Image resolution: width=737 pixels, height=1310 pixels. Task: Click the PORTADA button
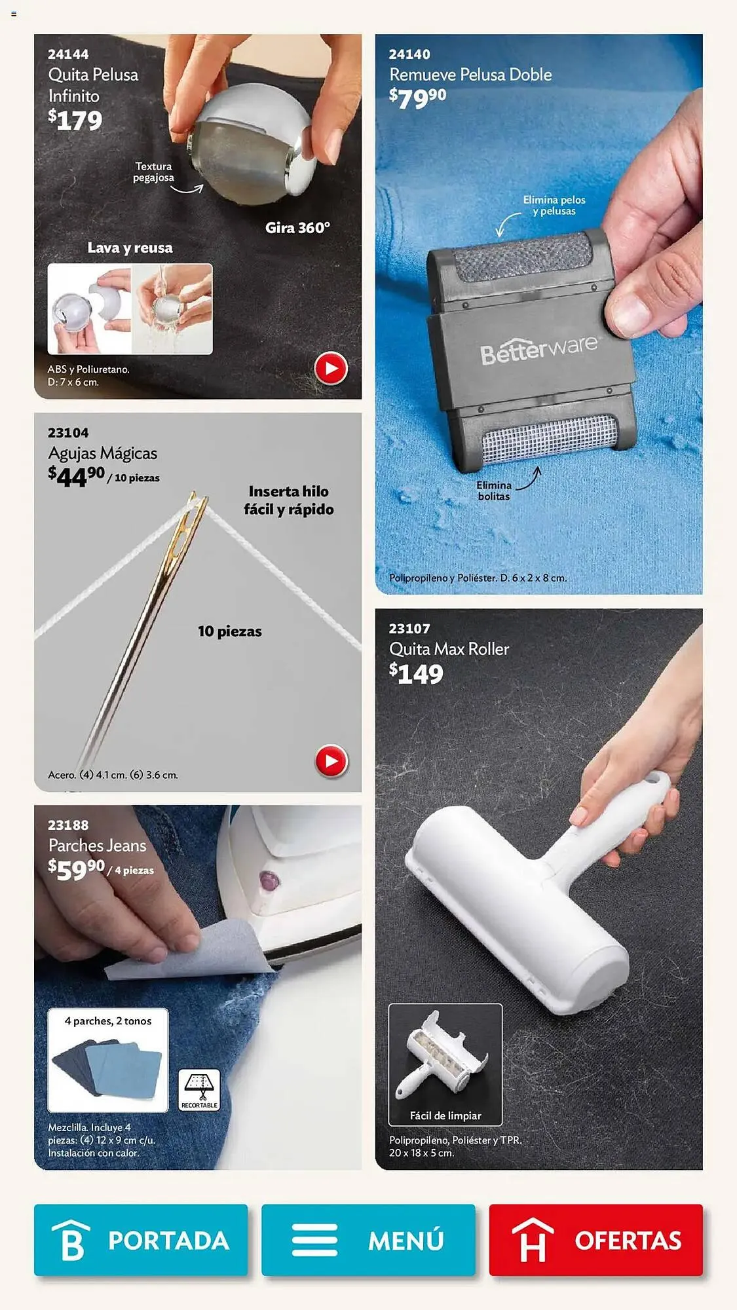[141, 1239]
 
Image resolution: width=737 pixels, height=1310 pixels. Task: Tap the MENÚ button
[368, 1239]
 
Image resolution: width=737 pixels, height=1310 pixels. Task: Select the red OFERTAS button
[595, 1239]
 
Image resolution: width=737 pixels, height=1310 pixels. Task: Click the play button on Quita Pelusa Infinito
[331, 369]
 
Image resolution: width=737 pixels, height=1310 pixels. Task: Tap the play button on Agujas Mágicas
[331, 761]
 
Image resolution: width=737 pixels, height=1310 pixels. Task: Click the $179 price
[75, 121]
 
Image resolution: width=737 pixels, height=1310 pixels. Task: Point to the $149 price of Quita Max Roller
[416, 674]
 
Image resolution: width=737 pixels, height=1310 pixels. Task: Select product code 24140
[409, 54]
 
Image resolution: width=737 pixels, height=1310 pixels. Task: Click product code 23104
[68, 433]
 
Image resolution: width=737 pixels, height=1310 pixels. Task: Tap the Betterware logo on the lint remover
[539, 349]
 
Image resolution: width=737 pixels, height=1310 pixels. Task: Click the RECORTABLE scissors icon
[199, 1090]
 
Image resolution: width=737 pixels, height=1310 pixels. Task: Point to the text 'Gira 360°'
[297, 228]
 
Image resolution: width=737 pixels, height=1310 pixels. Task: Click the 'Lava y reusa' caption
[130, 248]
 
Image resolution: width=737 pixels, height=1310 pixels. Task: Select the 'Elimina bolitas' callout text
[494, 491]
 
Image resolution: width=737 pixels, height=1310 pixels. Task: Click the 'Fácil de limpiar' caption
[445, 1115]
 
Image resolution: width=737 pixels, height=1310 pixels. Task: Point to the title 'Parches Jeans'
[98, 846]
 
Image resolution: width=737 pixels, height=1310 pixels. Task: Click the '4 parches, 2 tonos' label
[108, 1021]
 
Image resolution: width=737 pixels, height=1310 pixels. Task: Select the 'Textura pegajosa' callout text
[153, 172]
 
